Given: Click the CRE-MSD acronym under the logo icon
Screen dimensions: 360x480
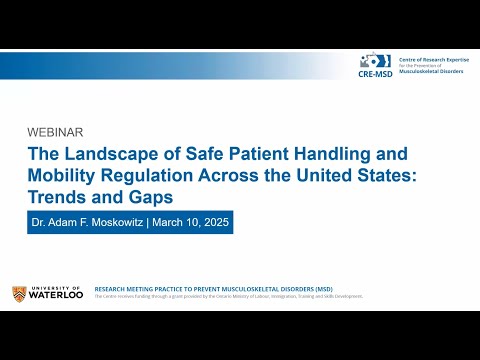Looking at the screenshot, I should click(376, 73).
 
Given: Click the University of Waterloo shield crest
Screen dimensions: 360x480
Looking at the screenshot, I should click(19, 293).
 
